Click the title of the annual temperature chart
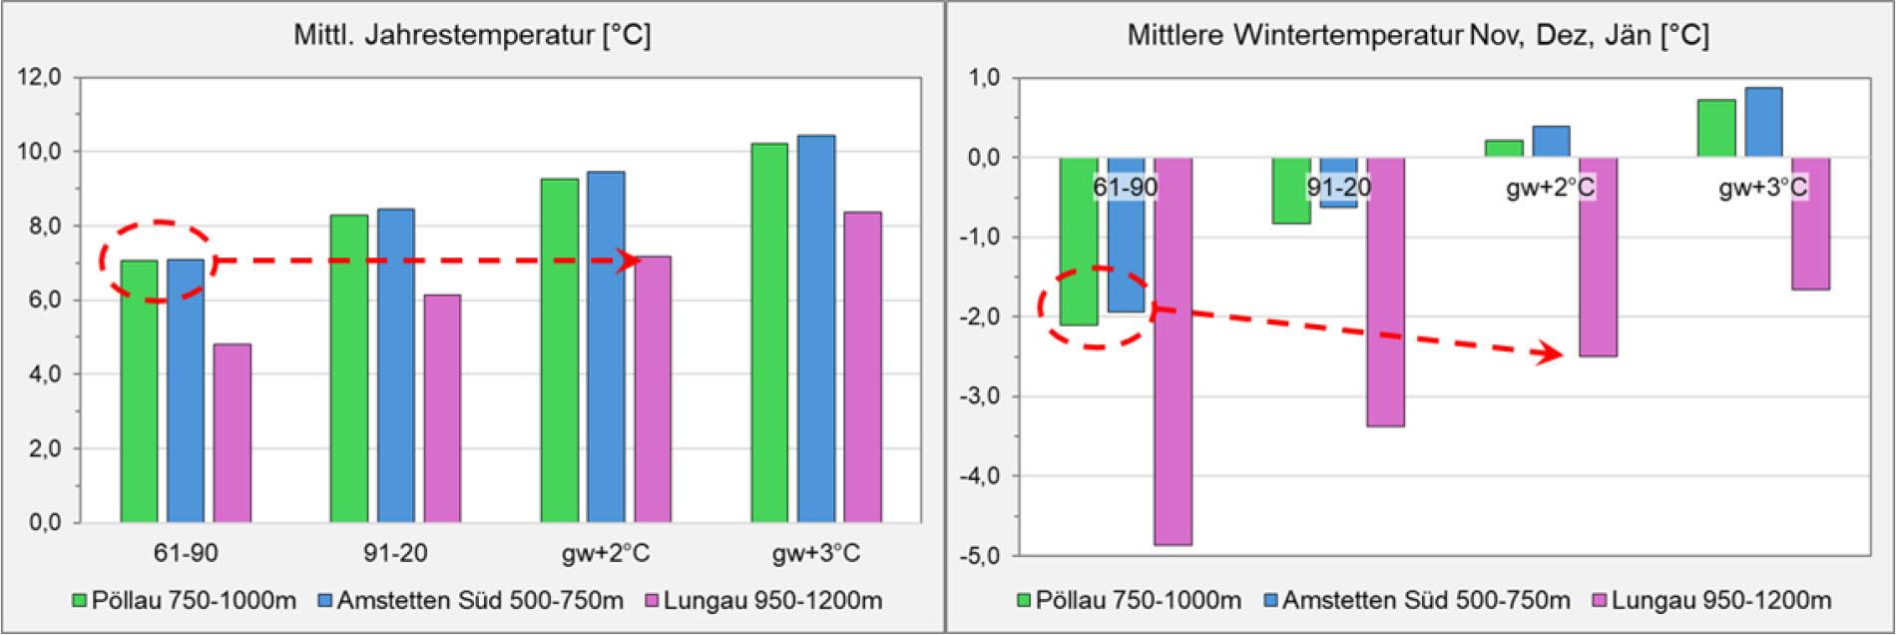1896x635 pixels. point(472,36)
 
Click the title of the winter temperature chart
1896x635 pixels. point(1418,36)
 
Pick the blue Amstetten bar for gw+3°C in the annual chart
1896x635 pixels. point(816,328)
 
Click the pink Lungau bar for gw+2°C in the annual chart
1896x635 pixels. point(652,388)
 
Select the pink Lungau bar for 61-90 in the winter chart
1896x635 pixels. point(1174,349)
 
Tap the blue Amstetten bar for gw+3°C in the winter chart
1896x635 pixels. point(1763,123)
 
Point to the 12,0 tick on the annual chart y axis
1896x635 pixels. point(41,77)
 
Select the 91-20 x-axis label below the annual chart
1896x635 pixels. point(396,553)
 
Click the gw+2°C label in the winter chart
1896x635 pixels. point(1550,187)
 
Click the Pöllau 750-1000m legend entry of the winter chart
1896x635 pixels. point(1128,601)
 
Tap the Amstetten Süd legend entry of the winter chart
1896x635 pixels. point(1415,601)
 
